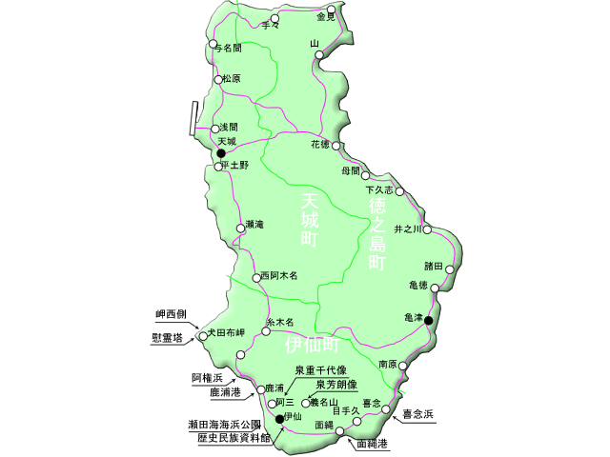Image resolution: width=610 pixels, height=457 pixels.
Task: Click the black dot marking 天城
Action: tap(220, 152)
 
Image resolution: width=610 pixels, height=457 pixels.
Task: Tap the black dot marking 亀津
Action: tap(429, 320)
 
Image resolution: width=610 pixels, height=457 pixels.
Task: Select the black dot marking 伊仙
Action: tap(279, 418)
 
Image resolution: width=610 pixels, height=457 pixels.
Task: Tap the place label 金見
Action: tap(326, 17)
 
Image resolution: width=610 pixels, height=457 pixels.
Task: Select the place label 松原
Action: tap(232, 79)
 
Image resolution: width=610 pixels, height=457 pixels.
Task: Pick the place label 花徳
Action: tap(319, 145)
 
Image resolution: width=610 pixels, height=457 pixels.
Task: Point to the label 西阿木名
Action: tap(279, 276)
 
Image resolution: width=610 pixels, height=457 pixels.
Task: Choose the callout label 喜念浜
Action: tap(417, 414)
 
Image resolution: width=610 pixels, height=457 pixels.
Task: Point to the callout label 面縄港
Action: tap(372, 444)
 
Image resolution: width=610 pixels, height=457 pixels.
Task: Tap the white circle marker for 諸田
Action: tap(450, 269)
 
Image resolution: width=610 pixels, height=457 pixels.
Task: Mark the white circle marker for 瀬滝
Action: tap(240, 228)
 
